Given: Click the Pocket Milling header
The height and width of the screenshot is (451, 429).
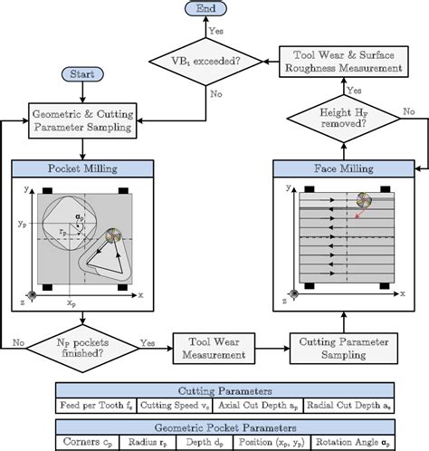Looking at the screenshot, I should [x=82, y=168].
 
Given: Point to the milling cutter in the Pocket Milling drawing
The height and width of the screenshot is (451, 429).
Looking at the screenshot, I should [x=111, y=236].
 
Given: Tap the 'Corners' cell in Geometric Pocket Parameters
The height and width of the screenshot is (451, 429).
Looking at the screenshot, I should [x=84, y=443].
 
